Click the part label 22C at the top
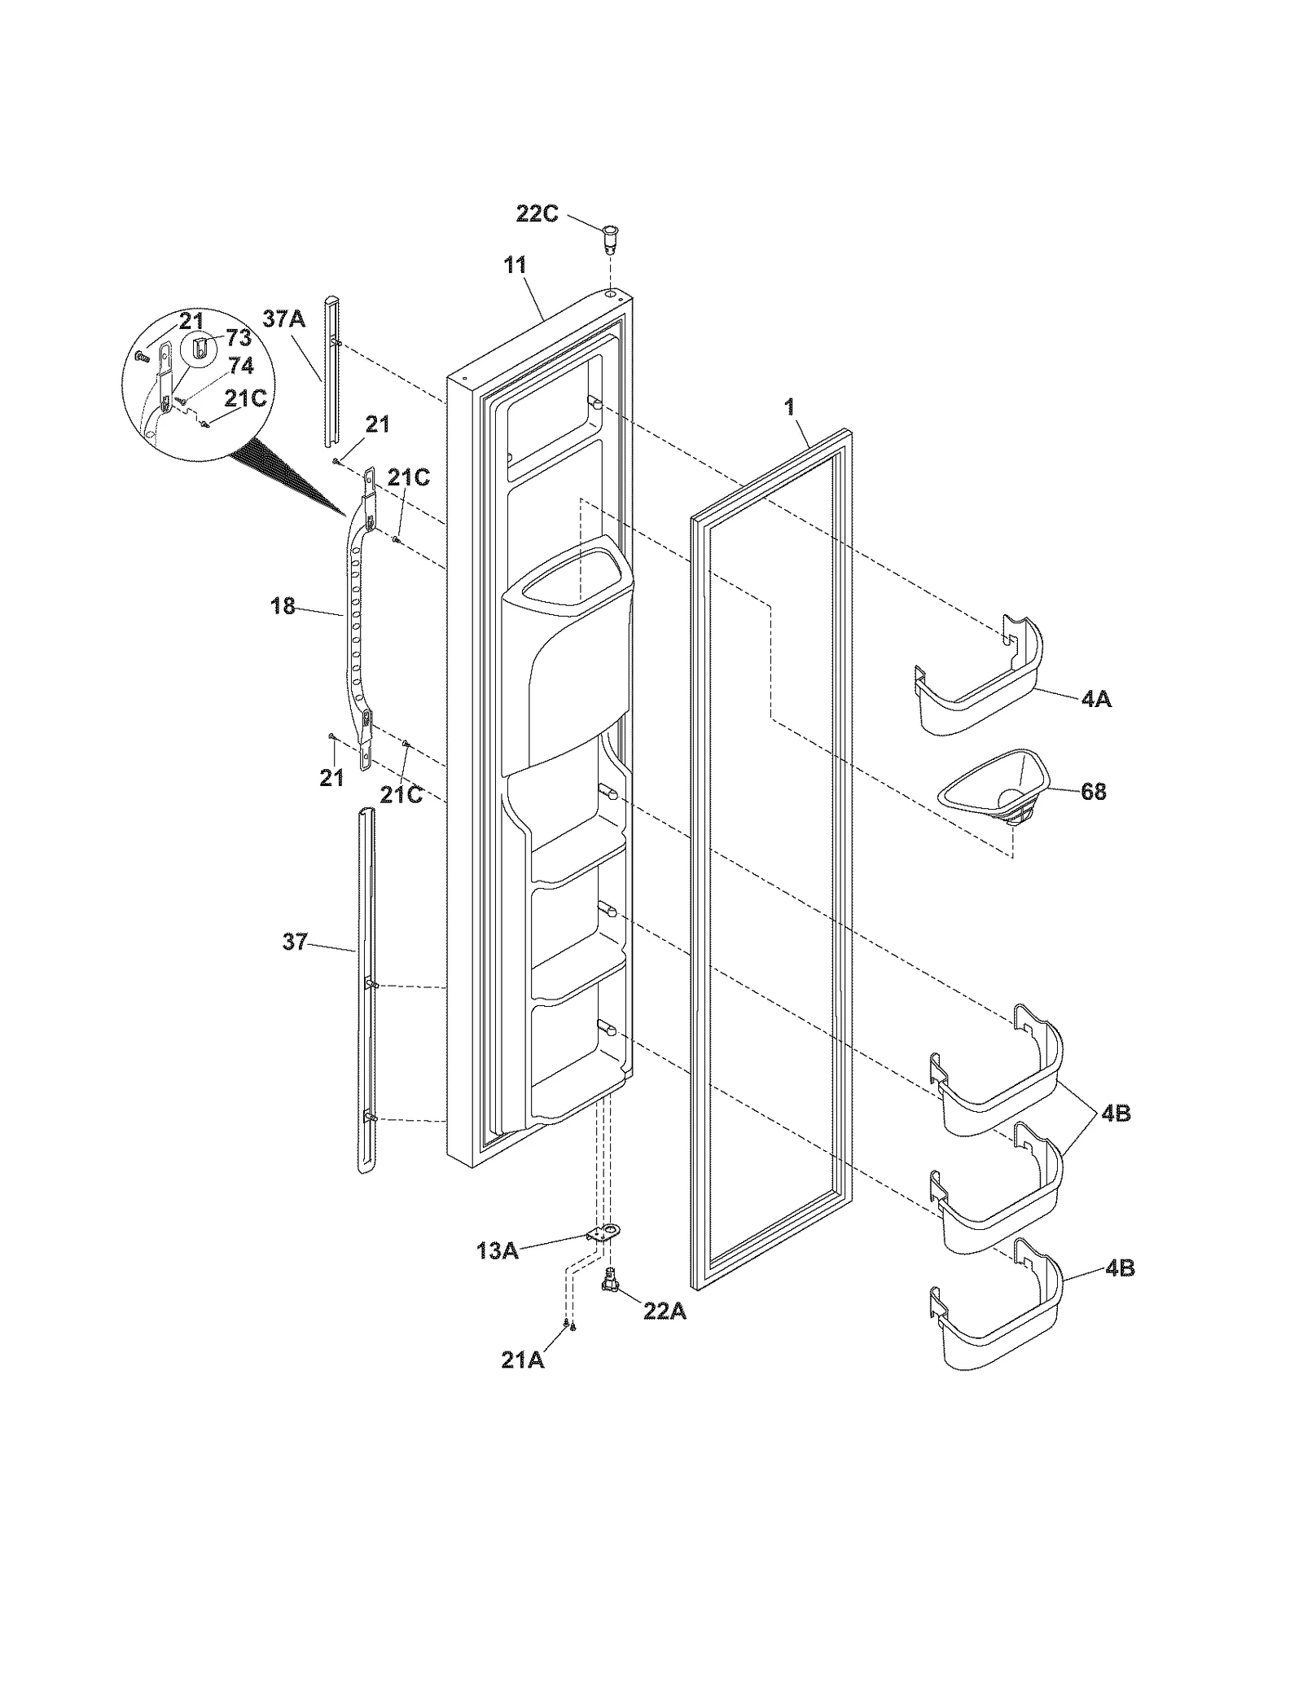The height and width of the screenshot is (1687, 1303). click(537, 214)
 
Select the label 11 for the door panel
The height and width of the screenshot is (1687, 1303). click(515, 266)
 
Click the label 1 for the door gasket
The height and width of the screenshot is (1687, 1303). click(789, 408)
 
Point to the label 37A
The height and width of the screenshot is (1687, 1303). click(283, 319)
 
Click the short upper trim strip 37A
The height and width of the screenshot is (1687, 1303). click(330, 371)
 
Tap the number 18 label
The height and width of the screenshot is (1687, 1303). click(283, 606)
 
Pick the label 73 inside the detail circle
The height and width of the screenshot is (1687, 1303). click(238, 338)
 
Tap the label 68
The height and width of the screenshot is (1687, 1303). click(1093, 791)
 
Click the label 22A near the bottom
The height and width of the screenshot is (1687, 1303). click(665, 1313)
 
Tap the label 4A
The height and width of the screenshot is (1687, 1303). click(1096, 699)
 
